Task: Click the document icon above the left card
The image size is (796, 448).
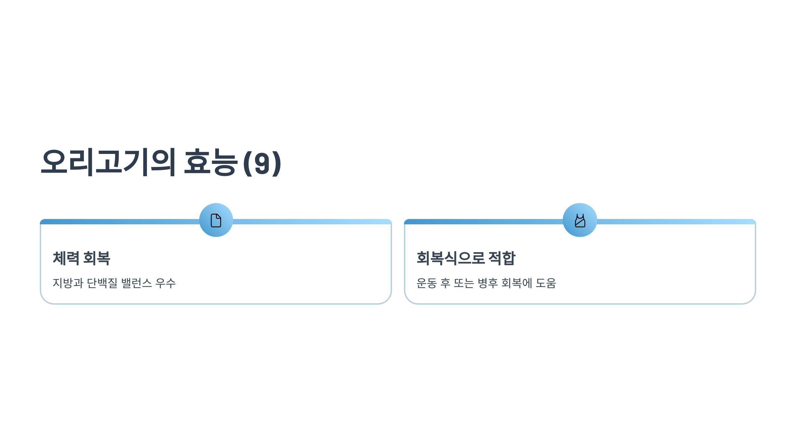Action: point(216,220)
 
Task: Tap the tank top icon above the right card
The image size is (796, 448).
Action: point(580,220)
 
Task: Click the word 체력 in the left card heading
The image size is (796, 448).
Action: point(66,258)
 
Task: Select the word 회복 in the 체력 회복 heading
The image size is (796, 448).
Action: point(97,258)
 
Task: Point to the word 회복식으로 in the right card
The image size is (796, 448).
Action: point(451,258)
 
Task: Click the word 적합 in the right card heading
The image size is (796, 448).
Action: point(502,258)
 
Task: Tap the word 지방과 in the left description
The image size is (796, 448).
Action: point(68,283)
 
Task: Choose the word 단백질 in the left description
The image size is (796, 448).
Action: point(102,283)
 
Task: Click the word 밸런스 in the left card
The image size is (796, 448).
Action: point(137,283)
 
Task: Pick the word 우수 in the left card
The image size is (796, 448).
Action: point(166,283)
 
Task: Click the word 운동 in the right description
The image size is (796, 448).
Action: point(427,283)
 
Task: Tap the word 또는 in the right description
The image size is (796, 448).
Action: point(464,283)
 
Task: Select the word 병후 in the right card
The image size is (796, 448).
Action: point(488,283)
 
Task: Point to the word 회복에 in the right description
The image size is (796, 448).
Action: point(516,283)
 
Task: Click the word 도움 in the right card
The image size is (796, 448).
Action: point(546,283)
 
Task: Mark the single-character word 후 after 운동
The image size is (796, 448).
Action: point(445,283)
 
